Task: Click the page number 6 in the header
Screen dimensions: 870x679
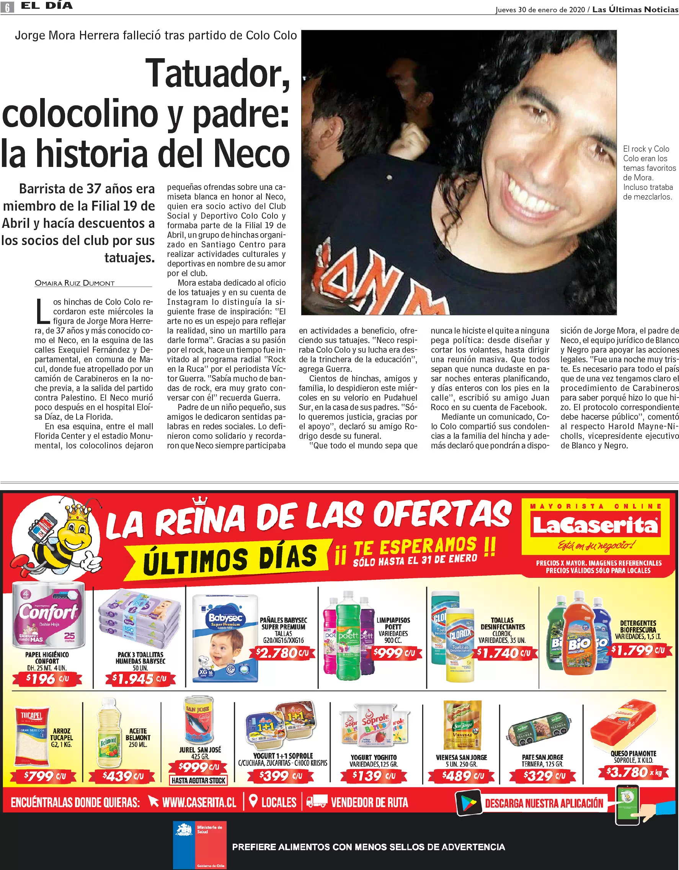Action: (7, 7)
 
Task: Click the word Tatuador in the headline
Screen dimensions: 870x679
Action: (217, 74)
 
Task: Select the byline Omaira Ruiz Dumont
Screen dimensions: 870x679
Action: (75, 283)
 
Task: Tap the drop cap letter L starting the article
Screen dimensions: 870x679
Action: (42, 311)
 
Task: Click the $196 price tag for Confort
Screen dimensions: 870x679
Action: (47, 679)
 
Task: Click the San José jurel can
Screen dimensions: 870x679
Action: (198, 721)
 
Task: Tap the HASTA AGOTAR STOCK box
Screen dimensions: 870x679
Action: (199, 780)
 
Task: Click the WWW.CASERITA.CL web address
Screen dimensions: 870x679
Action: (199, 802)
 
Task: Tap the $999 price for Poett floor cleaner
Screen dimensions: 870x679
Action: (394, 653)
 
